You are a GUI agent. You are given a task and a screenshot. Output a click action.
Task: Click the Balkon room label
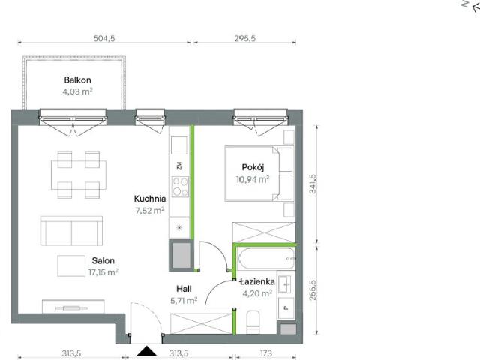click(77, 80)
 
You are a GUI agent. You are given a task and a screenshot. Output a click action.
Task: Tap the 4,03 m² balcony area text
click(77, 91)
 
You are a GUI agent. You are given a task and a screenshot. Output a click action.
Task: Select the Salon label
click(103, 260)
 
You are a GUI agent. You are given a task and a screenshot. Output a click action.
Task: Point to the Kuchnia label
click(150, 199)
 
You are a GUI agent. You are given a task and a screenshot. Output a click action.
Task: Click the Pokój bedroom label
click(253, 167)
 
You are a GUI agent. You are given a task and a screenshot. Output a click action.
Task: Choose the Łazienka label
click(257, 282)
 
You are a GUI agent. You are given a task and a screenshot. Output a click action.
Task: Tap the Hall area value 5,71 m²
click(184, 301)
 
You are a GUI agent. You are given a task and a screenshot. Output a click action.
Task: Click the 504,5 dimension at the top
click(104, 38)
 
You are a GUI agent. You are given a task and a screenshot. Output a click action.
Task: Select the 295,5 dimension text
click(245, 38)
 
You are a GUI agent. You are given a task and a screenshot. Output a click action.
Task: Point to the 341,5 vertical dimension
click(313, 184)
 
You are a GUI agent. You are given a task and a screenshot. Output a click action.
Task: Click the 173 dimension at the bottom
click(266, 353)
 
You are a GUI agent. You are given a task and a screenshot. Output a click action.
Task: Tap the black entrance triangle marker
click(147, 351)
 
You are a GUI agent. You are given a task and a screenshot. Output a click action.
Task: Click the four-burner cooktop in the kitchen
click(180, 187)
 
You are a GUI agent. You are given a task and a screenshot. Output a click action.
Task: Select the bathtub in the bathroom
click(266, 259)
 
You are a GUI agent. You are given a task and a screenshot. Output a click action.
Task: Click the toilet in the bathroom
click(253, 322)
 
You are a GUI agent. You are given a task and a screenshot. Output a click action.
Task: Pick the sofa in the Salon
click(71, 231)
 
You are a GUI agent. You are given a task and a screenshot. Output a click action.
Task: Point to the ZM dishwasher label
click(179, 166)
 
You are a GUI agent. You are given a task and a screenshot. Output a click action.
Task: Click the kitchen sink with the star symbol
click(180, 227)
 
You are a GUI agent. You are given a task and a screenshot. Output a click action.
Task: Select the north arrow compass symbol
click(472, 6)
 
